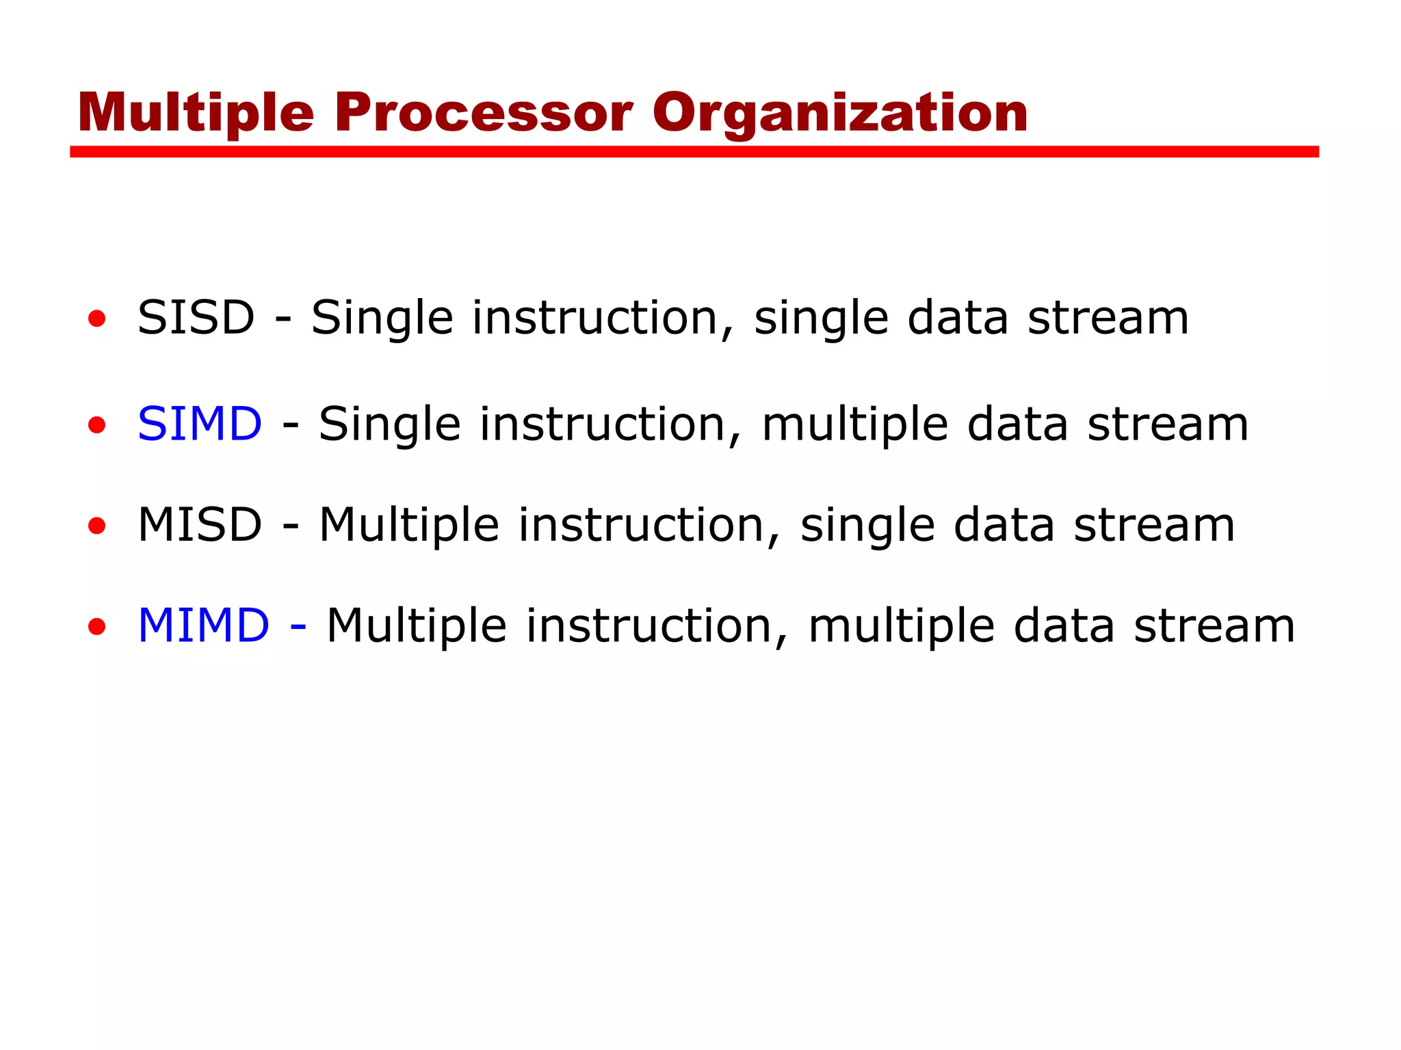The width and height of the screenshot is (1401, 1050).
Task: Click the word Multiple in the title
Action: coord(196,113)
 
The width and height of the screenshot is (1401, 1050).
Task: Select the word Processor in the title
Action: coord(483,113)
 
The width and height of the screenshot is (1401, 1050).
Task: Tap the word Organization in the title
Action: coord(840,113)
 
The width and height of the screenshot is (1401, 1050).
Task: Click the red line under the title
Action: coord(694,152)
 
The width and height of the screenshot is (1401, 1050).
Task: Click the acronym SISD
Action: coord(196,318)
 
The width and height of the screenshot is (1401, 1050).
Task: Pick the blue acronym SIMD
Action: coord(200,424)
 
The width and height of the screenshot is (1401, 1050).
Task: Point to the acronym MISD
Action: coord(200,525)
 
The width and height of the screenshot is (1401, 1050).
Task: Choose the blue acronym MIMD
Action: coord(204,625)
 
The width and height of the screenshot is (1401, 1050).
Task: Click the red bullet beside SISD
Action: coord(97,319)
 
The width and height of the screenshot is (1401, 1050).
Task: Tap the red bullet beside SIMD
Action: coord(97,425)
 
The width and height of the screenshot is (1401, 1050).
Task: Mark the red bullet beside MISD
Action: coord(97,526)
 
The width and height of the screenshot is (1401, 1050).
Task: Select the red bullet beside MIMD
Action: coord(97,626)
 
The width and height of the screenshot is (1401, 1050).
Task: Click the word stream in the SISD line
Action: coord(1108,318)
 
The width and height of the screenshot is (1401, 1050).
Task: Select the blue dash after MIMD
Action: coord(298,626)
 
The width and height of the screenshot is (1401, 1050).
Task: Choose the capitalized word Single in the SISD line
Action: coord(382,319)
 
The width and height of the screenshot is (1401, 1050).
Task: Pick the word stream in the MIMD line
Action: coord(1214,625)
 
